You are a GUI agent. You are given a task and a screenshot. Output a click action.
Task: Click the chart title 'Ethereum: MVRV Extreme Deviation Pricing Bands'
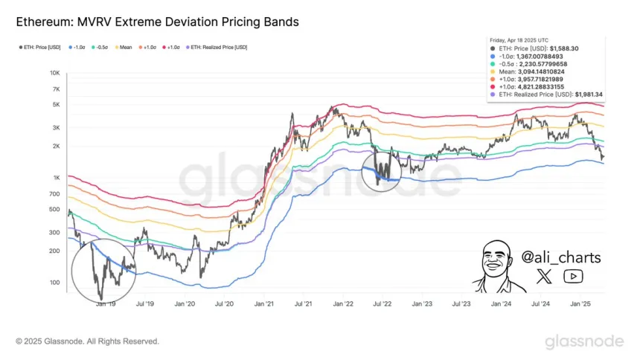point(158,22)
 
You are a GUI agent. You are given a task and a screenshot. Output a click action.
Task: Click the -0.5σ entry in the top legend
point(100,48)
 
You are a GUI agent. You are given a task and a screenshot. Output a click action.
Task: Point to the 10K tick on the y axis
point(54,73)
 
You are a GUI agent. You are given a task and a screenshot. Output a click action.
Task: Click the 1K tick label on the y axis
point(56,178)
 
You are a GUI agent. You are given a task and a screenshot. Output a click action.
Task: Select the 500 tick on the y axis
point(54,209)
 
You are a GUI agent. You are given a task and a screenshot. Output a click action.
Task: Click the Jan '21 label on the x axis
point(263,304)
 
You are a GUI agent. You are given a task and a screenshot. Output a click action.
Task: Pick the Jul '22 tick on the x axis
point(383,304)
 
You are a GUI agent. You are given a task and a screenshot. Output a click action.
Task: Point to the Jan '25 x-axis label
point(580,304)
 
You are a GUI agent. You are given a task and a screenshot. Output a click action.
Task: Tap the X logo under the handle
point(545,277)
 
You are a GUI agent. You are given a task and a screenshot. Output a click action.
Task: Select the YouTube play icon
point(573,277)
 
